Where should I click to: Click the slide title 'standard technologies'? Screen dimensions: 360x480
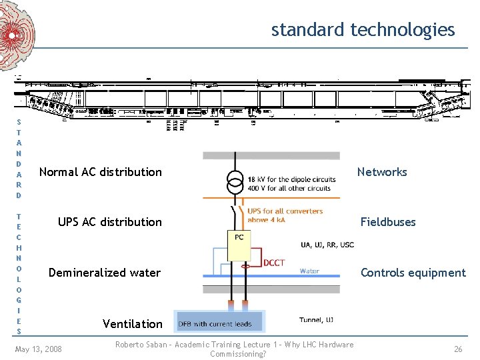pos(363,30)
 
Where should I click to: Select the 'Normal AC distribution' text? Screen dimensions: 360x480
pos(100,172)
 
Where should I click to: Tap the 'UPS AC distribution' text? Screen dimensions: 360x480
pos(109,222)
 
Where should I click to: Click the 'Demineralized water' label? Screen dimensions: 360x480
pos(105,273)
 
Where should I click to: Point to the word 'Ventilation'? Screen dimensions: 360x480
pos(132,324)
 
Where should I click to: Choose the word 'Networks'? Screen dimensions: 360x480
pos(381,172)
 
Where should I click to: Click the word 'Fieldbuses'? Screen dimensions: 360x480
pos(387,222)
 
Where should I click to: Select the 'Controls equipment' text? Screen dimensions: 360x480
pos(413,273)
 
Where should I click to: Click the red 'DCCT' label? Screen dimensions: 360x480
pos(273,263)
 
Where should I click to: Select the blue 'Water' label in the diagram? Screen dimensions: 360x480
pos(309,271)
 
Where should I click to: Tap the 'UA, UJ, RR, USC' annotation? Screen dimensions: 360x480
pos(327,245)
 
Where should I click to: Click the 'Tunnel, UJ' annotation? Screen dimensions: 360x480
pos(317,320)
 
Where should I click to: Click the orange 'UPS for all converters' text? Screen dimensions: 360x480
pos(285,211)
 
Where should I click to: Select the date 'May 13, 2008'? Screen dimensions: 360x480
pos(38,349)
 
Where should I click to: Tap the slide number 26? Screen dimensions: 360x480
pos(458,349)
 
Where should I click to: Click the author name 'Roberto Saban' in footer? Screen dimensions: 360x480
pos(139,345)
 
